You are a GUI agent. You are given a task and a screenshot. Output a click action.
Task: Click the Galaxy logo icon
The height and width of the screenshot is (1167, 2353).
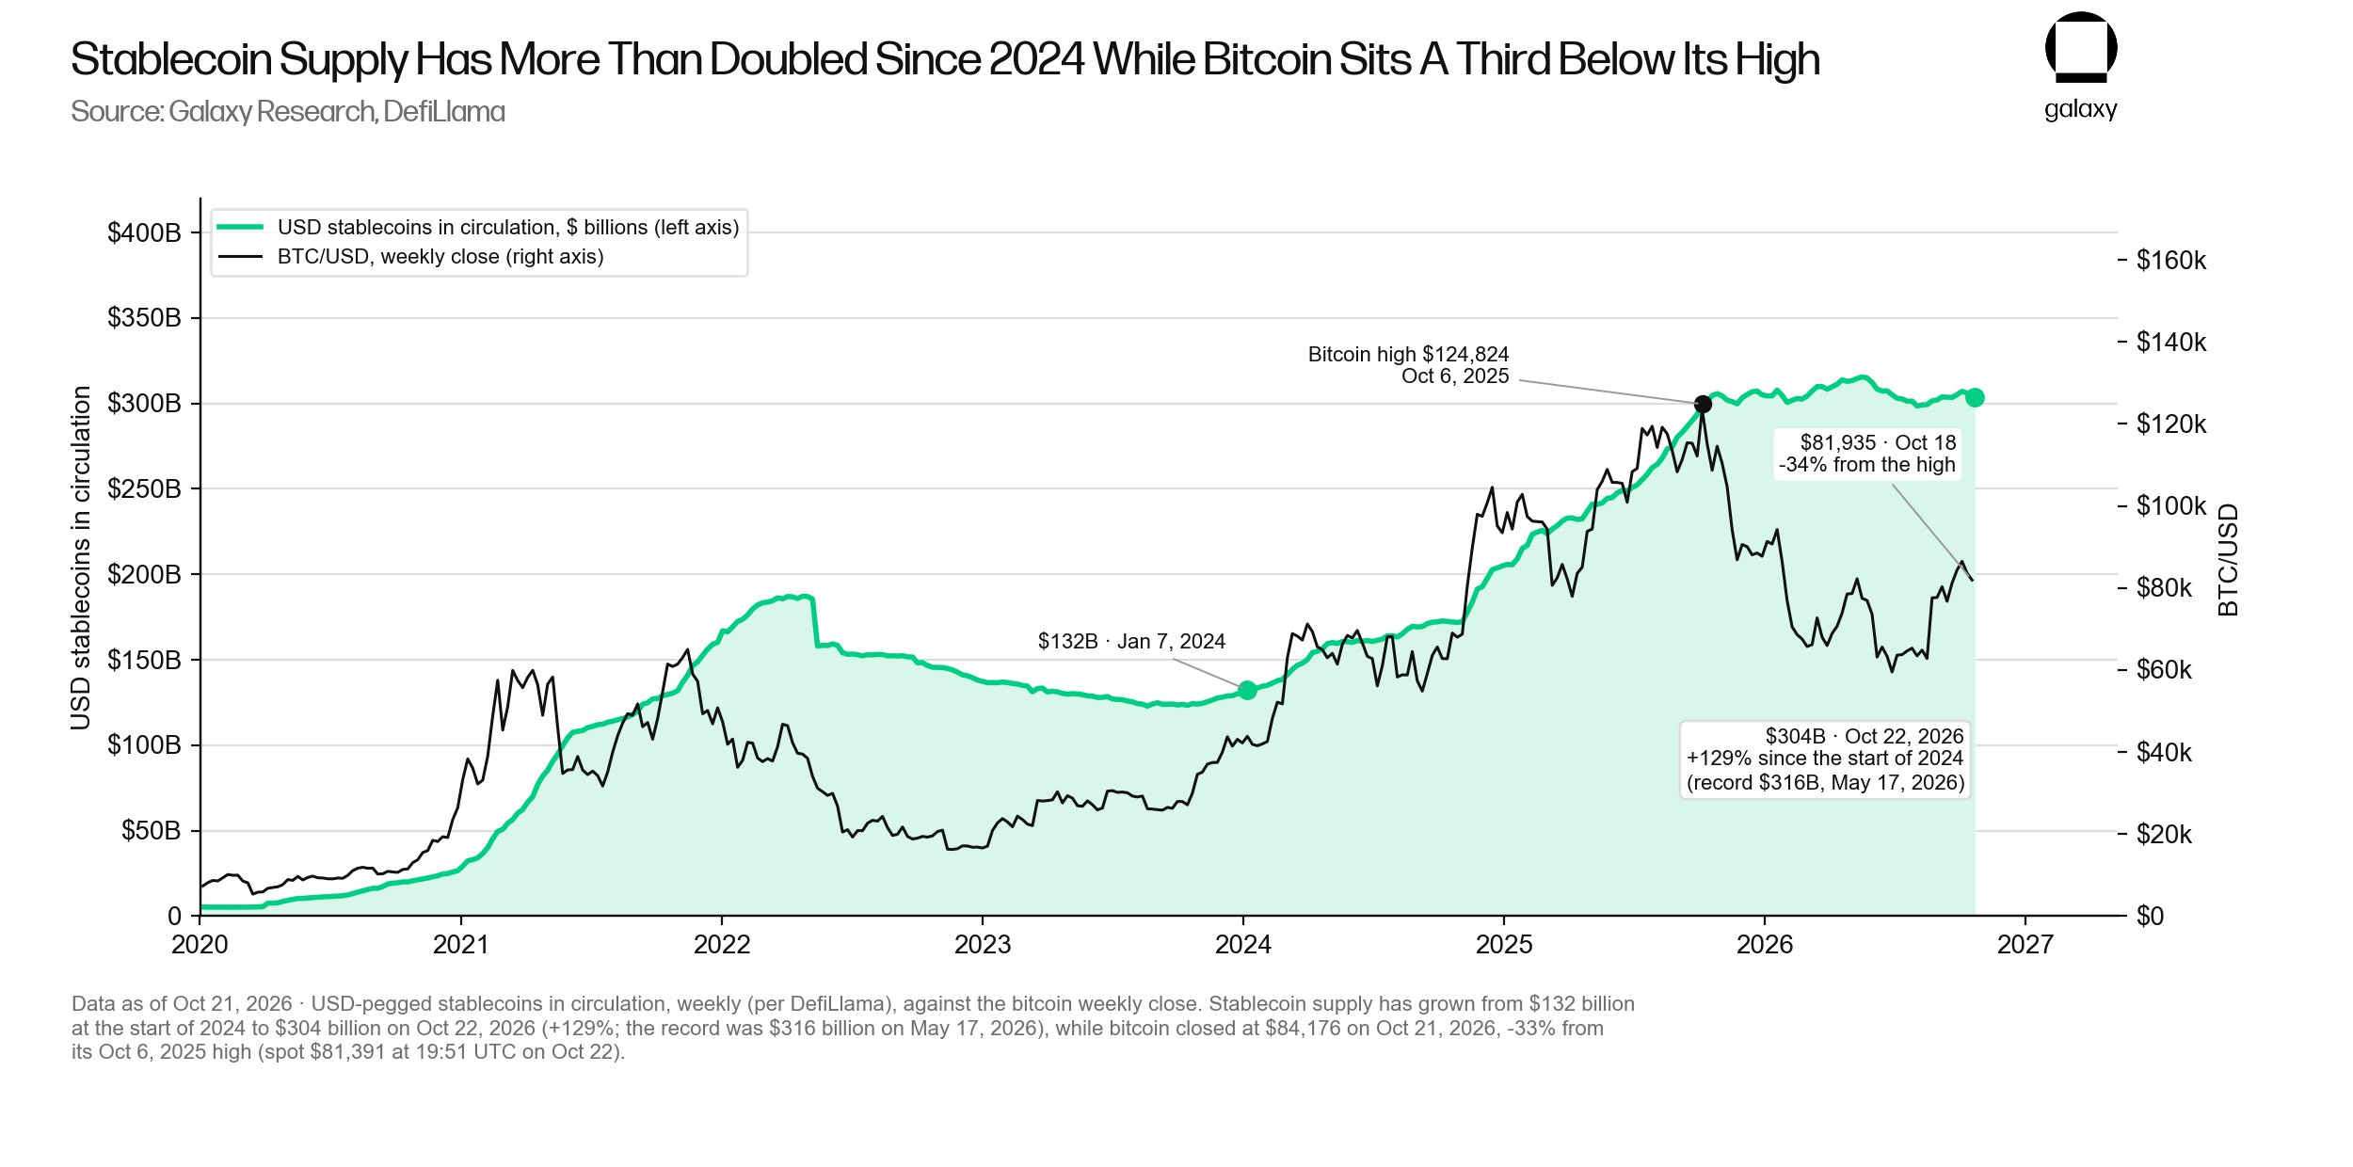coord(2081,47)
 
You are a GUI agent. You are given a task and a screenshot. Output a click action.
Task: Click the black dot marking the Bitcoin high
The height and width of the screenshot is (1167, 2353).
coord(1703,405)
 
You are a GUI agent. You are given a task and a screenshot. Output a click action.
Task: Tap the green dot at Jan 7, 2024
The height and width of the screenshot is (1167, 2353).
coord(1248,690)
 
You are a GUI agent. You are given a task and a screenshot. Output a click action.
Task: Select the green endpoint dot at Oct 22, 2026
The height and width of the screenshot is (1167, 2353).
coord(1975,397)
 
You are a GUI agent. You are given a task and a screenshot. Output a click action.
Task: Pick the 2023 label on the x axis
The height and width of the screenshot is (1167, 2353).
coord(983,944)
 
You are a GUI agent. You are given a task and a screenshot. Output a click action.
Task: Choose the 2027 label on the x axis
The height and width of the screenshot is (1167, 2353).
coord(2025,944)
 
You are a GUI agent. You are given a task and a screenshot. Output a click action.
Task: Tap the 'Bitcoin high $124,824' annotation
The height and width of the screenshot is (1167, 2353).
coord(1408,354)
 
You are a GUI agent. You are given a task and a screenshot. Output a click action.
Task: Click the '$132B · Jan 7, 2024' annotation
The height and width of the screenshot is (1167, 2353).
coord(1131,641)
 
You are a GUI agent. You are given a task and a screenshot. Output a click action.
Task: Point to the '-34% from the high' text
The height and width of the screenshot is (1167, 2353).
coord(1867,464)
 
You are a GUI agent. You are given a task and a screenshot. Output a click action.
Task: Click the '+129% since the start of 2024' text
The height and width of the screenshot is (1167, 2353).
coord(1825,758)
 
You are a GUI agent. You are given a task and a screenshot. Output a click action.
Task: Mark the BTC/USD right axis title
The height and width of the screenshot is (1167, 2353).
coord(2228,560)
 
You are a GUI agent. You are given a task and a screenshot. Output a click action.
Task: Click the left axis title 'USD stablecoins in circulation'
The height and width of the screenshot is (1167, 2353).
coord(81,558)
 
